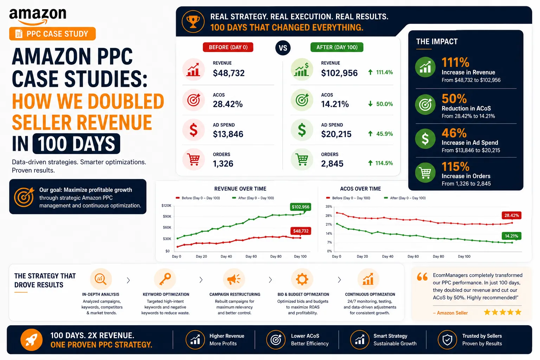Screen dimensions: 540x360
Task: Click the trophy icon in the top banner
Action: pyautogui.click(x=193, y=22)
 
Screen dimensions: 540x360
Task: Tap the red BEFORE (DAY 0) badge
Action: pyautogui.click(x=228, y=47)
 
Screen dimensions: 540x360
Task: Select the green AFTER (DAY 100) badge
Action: pyautogui.click(x=337, y=47)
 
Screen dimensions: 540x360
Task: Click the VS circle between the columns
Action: pyautogui.click(x=283, y=48)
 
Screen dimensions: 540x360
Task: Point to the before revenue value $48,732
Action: pyautogui.click(x=229, y=73)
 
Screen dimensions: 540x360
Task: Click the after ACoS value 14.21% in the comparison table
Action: pyautogui.click(x=335, y=104)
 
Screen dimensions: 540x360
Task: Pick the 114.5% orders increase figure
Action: pyautogui.click(x=384, y=163)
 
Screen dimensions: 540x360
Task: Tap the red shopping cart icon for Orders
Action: pyautogui.click(x=194, y=159)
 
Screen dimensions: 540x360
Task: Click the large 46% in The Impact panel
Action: pyautogui.click(x=454, y=133)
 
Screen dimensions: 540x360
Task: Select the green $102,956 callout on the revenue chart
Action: pyautogui.click(x=300, y=207)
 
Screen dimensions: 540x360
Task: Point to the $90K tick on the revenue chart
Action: pyautogui.click(x=167, y=216)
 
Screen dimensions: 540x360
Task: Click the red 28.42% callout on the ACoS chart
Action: pyautogui.click(x=512, y=215)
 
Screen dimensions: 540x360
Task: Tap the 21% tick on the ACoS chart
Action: pyautogui.click(x=329, y=225)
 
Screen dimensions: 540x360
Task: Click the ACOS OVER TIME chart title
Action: pyautogui.click(x=360, y=189)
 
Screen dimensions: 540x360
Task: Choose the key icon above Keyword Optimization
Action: pyautogui.click(x=165, y=279)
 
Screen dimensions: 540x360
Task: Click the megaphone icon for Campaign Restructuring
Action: pyautogui.click(x=233, y=279)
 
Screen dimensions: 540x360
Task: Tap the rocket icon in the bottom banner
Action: pyautogui.click(x=31, y=340)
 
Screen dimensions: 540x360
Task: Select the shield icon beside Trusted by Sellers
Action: pyautogui.click(x=447, y=340)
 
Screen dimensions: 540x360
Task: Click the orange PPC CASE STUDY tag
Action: pyautogui.click(x=52, y=34)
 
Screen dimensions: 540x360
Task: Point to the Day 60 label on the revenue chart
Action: pyautogui.click(x=251, y=256)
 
